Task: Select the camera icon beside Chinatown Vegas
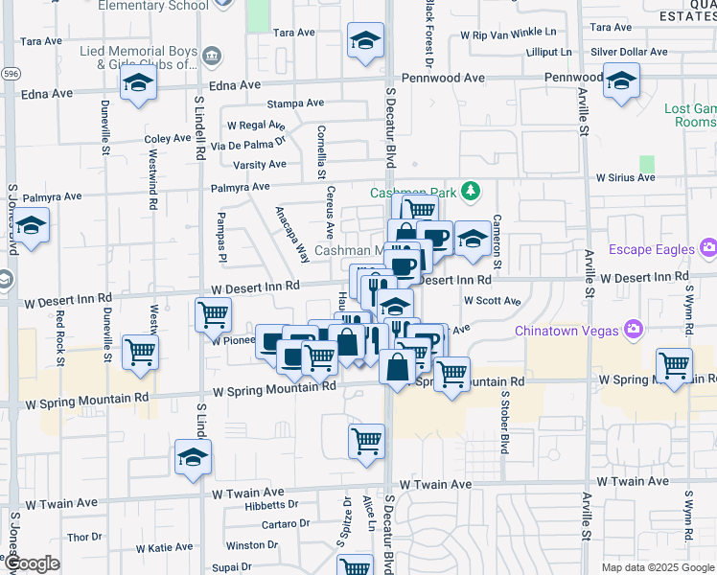(x=633, y=331)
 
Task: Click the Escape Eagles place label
(x=659, y=250)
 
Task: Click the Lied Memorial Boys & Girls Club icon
(x=213, y=57)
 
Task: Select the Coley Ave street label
(x=169, y=139)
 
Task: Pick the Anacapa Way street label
(x=292, y=235)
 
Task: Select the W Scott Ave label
(x=492, y=300)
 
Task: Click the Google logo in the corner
(x=32, y=563)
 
